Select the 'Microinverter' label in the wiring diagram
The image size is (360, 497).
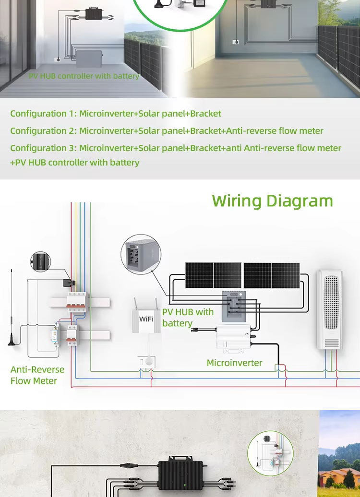point(234,363)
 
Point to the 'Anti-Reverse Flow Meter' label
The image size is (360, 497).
point(37,375)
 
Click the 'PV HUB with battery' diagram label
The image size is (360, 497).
point(188,317)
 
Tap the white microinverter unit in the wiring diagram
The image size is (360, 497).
point(234,337)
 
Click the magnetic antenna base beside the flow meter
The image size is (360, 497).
point(12,341)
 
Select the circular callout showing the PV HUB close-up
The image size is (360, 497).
point(141,254)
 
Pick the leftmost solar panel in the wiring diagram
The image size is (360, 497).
point(199,275)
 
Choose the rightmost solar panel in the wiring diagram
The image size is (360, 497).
point(286,275)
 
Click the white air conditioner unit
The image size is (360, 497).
point(330,309)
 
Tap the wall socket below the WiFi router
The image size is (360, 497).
point(146,361)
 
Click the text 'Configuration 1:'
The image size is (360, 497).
point(44,114)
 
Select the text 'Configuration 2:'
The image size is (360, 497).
point(44,130)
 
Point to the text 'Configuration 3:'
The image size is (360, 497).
point(44,148)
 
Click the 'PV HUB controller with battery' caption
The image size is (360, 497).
point(84,76)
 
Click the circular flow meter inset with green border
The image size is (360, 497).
point(271,453)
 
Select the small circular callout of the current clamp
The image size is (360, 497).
point(41,262)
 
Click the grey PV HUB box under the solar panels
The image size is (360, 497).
point(234,306)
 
